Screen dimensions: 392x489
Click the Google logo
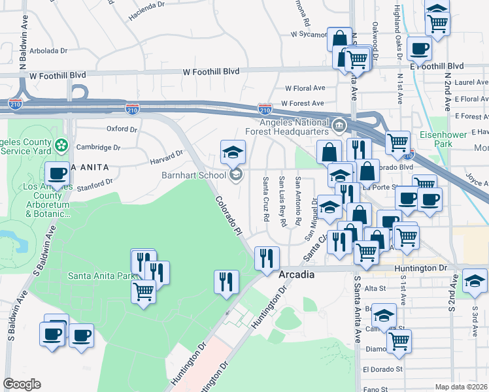22,384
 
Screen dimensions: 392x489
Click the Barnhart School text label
194,175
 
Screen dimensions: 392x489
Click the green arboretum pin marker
62,144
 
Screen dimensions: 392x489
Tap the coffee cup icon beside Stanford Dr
58,174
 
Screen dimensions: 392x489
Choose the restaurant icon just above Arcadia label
266,257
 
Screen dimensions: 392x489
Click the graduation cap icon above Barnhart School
232,152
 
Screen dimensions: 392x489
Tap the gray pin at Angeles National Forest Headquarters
339,125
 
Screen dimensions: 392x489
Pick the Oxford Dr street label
122,129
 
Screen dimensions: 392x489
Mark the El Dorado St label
380,369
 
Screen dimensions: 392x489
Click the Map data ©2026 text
461,387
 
